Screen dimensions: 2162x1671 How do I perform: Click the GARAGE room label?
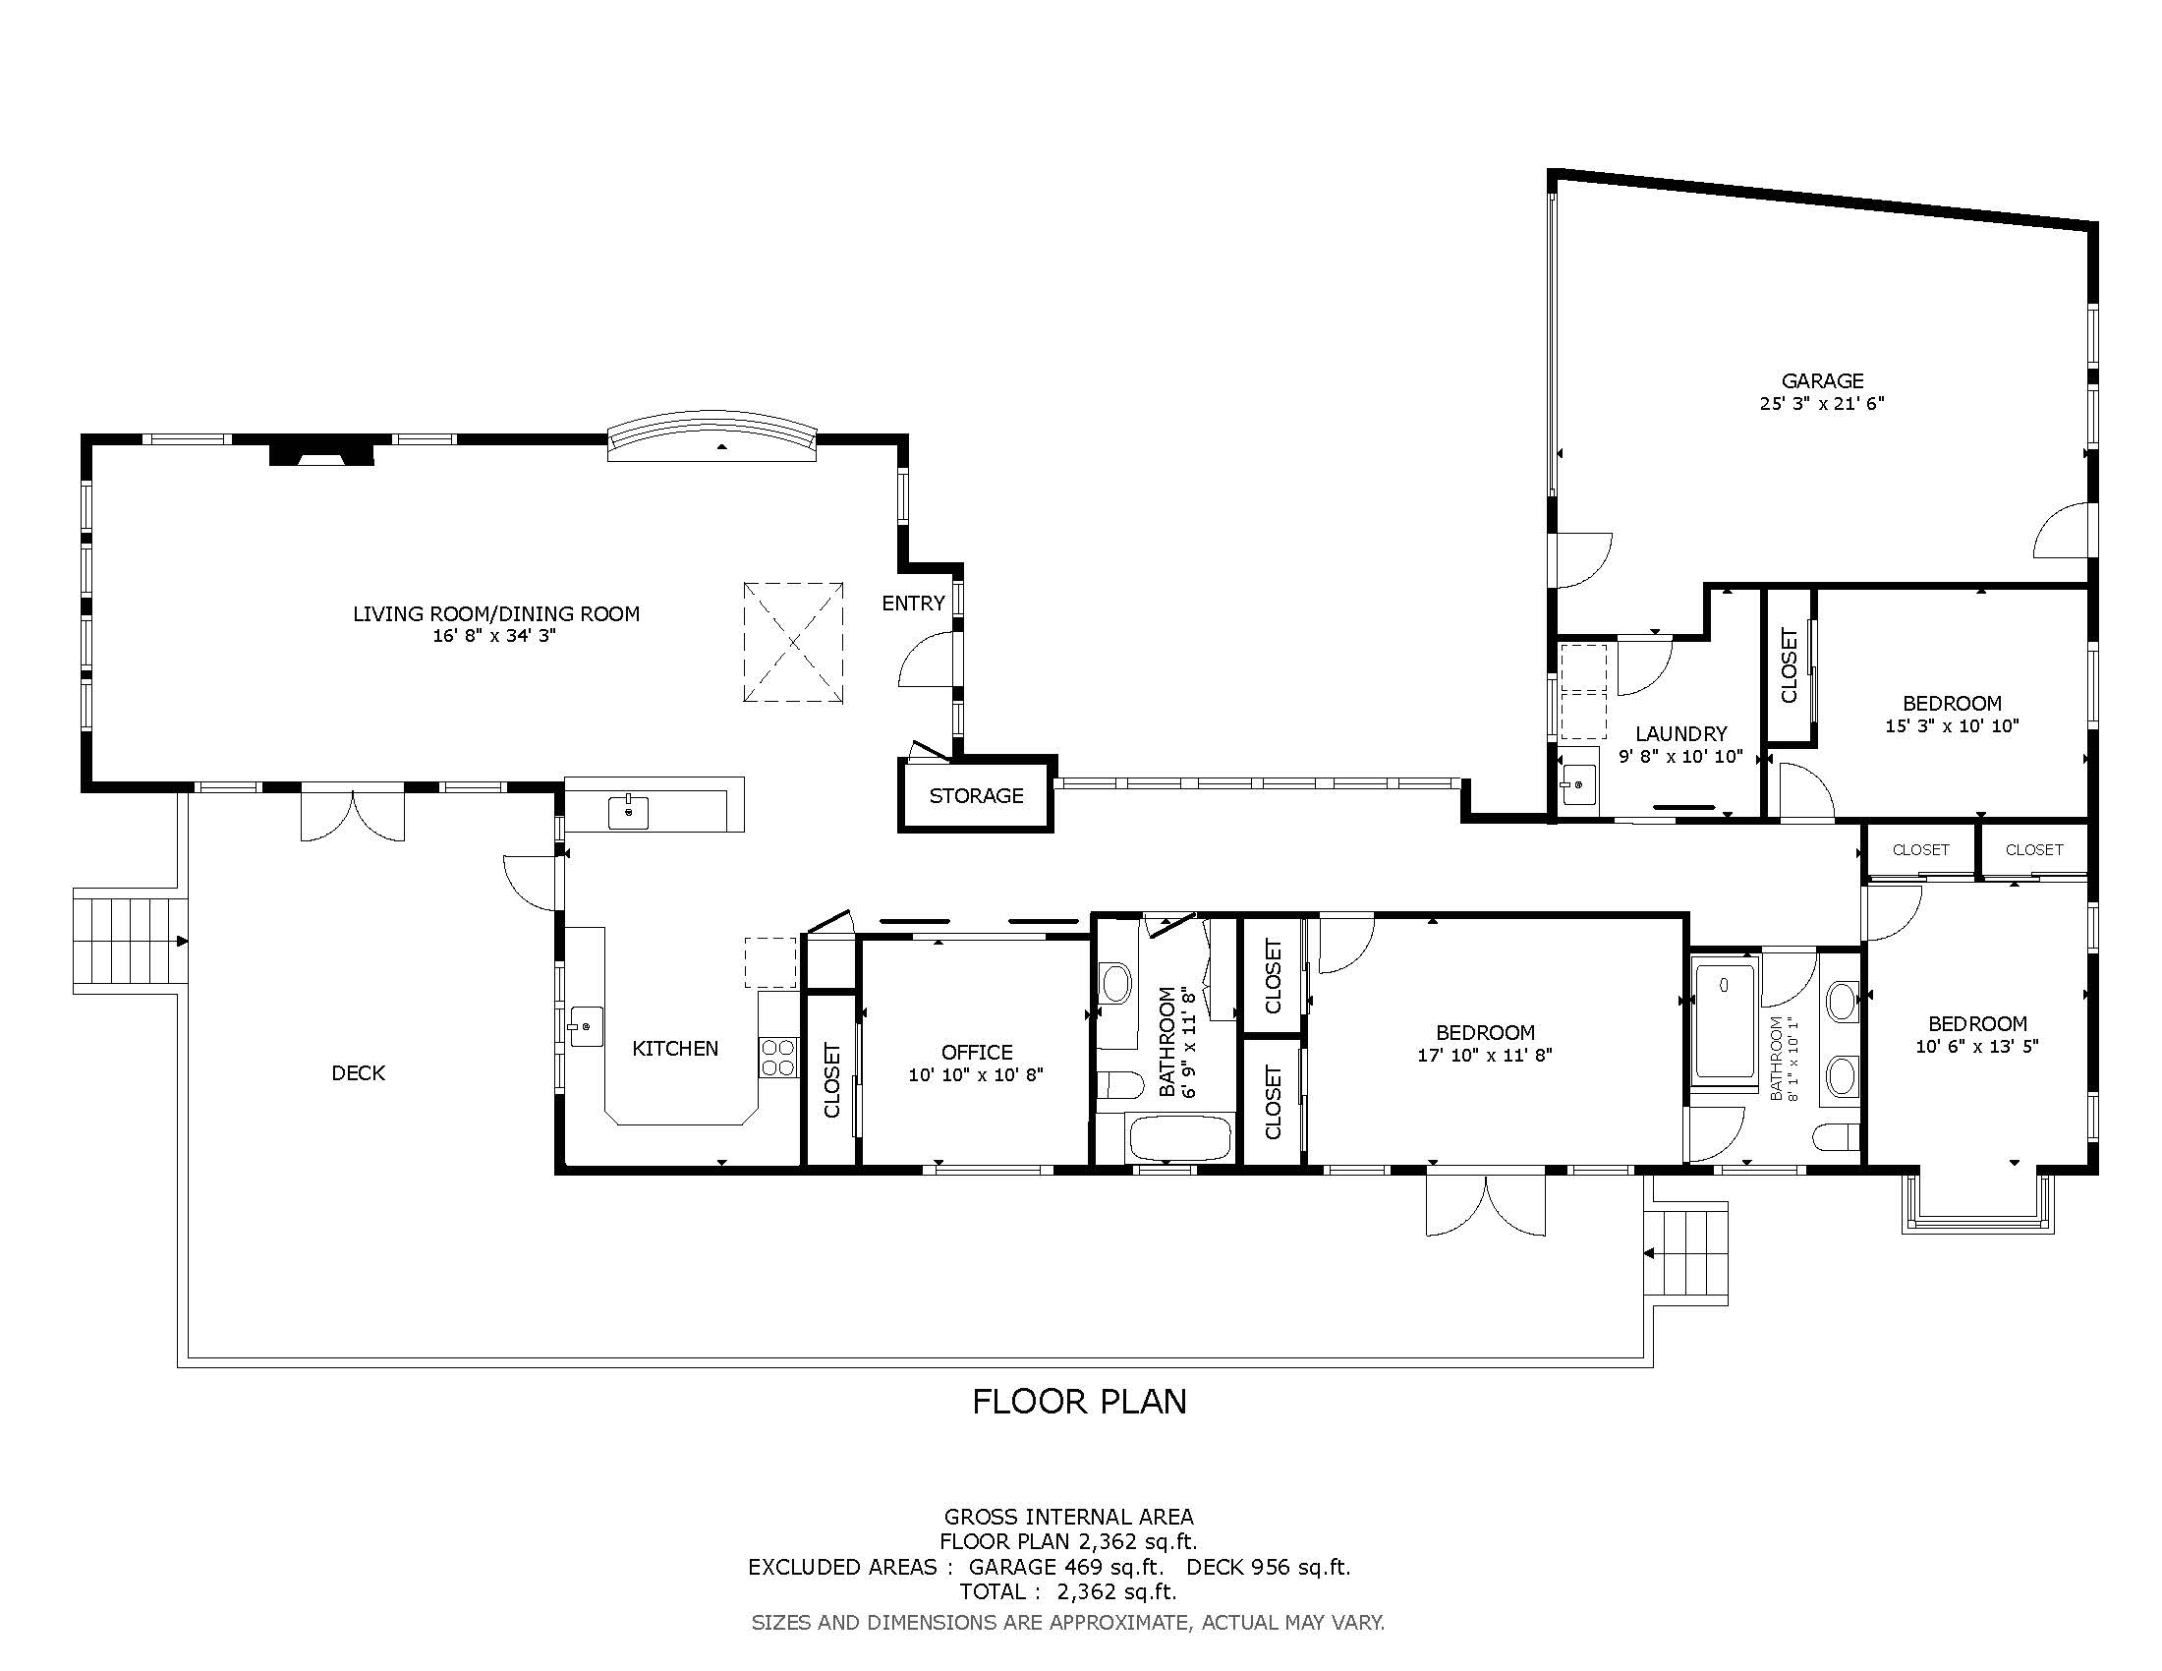click(1821, 380)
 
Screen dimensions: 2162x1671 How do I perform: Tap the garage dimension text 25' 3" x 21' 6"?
click(1821, 404)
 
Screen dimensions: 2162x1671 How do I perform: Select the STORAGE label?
click(975, 795)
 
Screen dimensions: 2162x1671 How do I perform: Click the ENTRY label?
click(913, 603)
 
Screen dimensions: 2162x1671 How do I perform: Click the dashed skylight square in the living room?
click(793, 643)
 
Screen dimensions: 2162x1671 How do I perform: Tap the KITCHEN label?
click(675, 1049)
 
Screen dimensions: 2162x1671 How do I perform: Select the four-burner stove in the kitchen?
click(779, 1057)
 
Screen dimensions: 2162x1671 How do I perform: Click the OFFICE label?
click(976, 1053)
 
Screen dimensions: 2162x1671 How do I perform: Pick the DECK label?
click(359, 1073)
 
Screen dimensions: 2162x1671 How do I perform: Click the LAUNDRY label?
click(1680, 733)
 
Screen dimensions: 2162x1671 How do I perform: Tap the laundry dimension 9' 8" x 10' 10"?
click(1680, 757)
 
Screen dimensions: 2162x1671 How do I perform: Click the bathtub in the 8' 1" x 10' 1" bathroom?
click(1725, 1019)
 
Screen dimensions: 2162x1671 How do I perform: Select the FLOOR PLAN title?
click(1079, 1402)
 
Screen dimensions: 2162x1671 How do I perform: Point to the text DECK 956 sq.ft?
click(1268, 1567)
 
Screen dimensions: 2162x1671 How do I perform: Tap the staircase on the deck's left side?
click(131, 942)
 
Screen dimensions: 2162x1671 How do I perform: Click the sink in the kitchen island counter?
click(628, 811)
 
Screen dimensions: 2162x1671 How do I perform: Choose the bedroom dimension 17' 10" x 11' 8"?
click(1485, 1056)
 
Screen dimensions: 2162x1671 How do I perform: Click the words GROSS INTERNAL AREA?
click(1068, 1517)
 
